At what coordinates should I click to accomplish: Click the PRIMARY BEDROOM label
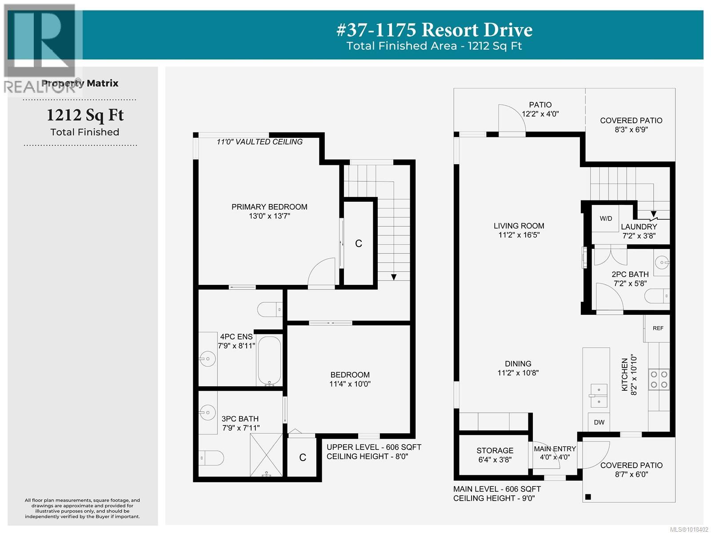(x=269, y=207)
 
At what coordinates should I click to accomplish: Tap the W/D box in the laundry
(x=606, y=218)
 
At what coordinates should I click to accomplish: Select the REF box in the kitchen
(x=658, y=328)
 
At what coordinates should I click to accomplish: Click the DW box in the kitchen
(x=599, y=422)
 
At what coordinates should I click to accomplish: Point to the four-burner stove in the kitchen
(x=659, y=379)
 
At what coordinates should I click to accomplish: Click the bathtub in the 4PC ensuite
(x=269, y=361)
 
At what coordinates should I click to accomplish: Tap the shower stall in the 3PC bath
(x=266, y=454)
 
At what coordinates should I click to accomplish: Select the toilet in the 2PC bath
(x=658, y=296)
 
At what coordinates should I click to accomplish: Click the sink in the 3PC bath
(x=207, y=413)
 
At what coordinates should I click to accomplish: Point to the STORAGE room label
(x=495, y=450)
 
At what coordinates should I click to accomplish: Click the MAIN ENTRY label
(x=555, y=449)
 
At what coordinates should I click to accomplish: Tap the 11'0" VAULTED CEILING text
(x=260, y=142)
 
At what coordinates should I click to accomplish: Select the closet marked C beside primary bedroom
(x=359, y=243)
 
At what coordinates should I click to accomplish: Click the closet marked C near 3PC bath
(x=303, y=457)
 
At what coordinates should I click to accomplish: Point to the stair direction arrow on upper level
(x=394, y=277)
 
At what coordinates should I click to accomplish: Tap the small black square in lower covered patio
(x=588, y=497)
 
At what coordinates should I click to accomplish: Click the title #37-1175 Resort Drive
(x=434, y=30)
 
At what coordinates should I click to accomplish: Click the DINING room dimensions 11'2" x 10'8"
(x=518, y=373)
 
